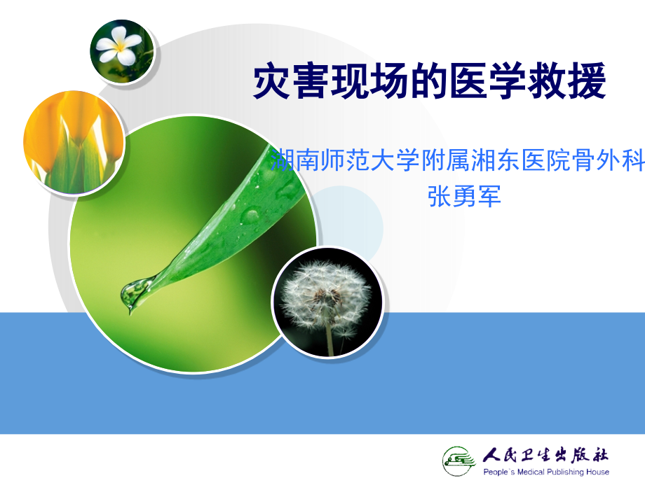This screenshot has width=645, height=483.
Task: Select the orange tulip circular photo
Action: (x=74, y=143)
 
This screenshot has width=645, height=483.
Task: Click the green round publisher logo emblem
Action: (x=460, y=459)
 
